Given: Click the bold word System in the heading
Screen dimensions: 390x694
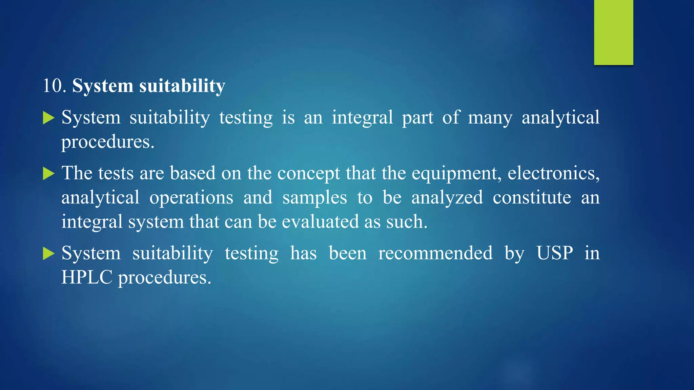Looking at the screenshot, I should pyautogui.click(x=102, y=86).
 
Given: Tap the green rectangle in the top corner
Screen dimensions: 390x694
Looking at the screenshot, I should pyautogui.click(x=613, y=32).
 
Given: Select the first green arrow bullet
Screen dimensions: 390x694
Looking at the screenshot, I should pyautogui.click(x=48, y=118).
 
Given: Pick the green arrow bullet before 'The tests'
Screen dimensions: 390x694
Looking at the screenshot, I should pyautogui.click(x=48, y=174).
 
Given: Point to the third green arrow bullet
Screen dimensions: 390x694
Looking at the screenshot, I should pyautogui.click(x=48, y=254).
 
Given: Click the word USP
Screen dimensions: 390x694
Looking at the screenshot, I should pyautogui.click(x=555, y=253).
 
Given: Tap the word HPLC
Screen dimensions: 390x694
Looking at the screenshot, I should pyautogui.click(x=86, y=277).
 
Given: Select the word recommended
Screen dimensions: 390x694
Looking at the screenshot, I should pyautogui.click(x=435, y=253).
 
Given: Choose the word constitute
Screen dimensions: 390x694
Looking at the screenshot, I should pyautogui.click(x=532, y=197).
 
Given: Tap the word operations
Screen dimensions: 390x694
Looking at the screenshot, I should pyautogui.click(x=191, y=198).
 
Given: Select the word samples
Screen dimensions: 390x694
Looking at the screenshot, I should pyautogui.click(x=314, y=198).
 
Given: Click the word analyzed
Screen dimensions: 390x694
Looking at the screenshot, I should pyautogui.click(x=447, y=198).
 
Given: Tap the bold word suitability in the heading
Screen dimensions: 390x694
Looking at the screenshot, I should pyautogui.click(x=182, y=86).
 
